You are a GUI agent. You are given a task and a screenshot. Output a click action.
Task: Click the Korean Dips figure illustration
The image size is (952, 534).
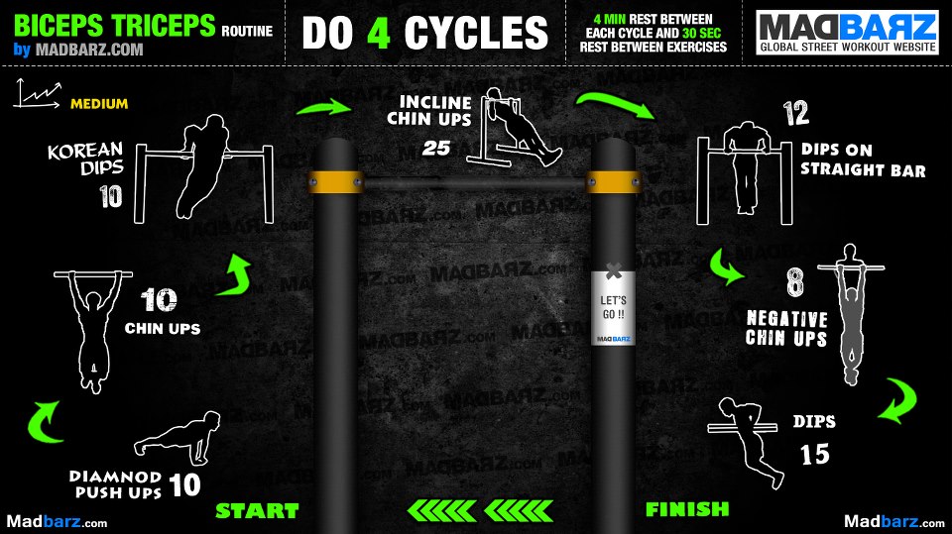(x=204, y=166)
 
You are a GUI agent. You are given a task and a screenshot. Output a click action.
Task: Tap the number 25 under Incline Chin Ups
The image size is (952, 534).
(x=436, y=148)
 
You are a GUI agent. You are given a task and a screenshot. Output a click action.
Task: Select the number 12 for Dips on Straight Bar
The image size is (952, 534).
(x=796, y=113)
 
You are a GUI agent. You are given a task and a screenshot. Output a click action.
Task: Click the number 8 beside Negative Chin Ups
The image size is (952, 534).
(x=794, y=282)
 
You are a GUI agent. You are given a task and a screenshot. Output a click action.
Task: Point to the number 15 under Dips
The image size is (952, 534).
(x=814, y=455)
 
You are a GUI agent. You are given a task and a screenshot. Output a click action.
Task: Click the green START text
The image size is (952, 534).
(x=258, y=511)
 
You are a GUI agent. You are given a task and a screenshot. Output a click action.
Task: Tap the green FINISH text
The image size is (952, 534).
(x=687, y=509)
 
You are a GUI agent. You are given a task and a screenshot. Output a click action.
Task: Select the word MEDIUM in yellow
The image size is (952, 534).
(x=99, y=104)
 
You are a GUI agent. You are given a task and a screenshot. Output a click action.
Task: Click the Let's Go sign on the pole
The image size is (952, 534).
(x=613, y=307)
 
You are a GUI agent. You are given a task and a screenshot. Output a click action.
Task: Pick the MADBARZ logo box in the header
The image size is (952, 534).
(x=847, y=33)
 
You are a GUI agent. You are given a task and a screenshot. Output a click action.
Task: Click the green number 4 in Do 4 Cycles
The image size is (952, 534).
(x=378, y=33)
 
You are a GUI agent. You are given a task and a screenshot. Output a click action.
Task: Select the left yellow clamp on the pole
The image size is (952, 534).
(x=335, y=182)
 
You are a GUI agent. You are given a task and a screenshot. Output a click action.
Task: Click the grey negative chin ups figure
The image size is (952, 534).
(x=851, y=313)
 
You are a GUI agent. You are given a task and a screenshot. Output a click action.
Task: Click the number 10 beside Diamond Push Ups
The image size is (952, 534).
(x=184, y=484)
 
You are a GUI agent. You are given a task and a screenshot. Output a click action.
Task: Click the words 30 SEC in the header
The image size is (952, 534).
(x=702, y=33)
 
